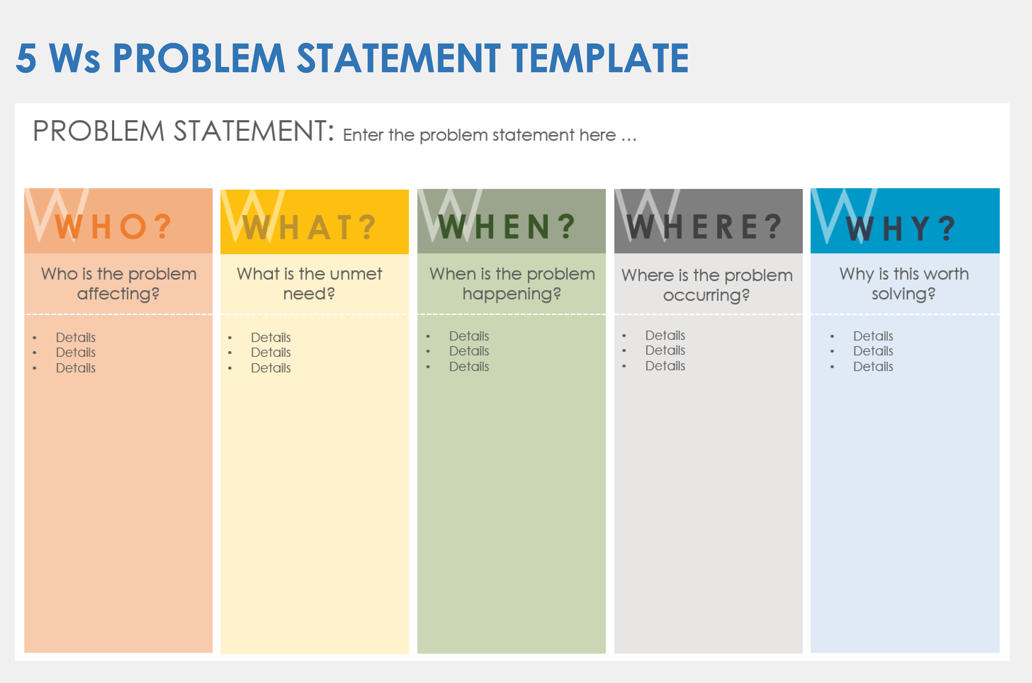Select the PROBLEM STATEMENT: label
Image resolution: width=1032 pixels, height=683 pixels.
pos(183,131)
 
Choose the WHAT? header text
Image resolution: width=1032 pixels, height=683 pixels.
pos(308,227)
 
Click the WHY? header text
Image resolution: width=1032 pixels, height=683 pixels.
pos(900,228)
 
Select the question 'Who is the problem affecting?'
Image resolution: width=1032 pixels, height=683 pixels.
pos(119,284)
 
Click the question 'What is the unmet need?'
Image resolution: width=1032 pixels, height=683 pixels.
pos(309,284)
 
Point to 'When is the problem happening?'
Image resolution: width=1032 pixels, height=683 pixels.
pos(512,284)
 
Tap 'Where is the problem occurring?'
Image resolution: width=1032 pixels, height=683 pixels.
pos(706,285)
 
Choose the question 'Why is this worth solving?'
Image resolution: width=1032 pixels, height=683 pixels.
pos(904,284)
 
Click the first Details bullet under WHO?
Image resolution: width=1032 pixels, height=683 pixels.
pos(75,337)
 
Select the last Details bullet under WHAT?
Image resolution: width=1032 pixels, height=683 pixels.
pos(271,368)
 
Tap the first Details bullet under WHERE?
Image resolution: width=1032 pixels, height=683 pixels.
pos(665,335)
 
